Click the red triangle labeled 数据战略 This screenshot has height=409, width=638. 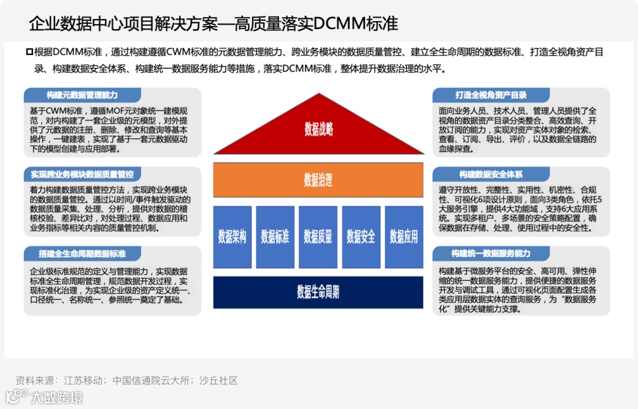coord(318,128)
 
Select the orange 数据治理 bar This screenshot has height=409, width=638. coord(318,179)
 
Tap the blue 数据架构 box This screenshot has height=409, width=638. coord(232,237)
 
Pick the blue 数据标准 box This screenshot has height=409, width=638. coord(275,237)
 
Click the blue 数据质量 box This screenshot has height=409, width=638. coord(318,237)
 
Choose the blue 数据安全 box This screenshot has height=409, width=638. coord(361,237)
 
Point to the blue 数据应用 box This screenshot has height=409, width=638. coord(404,237)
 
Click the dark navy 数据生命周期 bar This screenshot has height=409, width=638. coord(318,292)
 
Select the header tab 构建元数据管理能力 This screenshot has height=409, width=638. coord(82,95)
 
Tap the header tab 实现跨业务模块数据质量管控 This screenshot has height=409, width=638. coord(82,174)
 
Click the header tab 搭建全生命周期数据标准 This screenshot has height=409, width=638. coord(82,254)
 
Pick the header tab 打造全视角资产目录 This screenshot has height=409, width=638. coord(491,95)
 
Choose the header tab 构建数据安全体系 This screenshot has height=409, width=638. coord(491,174)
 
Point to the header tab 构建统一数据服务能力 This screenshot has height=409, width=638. coord(491,254)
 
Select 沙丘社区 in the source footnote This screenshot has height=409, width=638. coord(219,381)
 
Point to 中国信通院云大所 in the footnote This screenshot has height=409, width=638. coord(151,381)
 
